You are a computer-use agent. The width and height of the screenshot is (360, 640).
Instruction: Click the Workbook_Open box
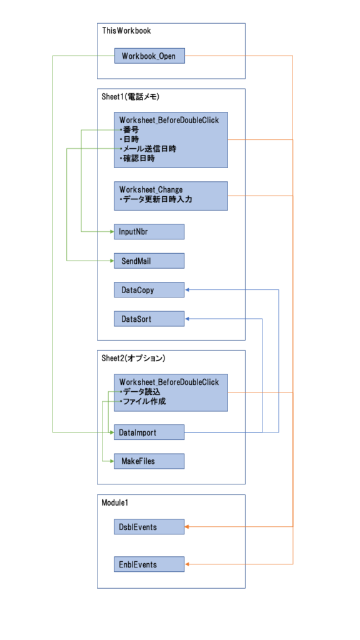pos(149,56)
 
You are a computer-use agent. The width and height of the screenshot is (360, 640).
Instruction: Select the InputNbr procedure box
pos(149,231)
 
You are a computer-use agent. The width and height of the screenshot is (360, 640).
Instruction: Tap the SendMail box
pos(149,261)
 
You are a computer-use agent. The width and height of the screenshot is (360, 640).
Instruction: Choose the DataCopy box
pos(149,290)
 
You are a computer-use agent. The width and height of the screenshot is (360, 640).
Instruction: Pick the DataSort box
pos(149,319)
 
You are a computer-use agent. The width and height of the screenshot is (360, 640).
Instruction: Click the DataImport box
pos(149,432)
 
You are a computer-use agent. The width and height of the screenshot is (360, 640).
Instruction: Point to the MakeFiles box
pos(149,461)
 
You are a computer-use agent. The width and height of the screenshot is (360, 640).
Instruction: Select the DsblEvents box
pos(149,526)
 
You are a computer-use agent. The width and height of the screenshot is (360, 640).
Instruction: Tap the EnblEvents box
pos(149,564)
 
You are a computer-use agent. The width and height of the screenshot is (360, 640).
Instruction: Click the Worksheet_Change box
pos(171,196)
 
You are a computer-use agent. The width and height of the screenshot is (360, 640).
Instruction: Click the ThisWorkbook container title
pos(126,31)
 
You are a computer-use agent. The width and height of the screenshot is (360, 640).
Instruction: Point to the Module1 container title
pos(115,503)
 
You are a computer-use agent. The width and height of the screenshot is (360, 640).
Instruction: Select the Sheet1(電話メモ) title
pos(130,97)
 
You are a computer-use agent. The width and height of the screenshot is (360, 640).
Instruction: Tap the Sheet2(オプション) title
pos(133,358)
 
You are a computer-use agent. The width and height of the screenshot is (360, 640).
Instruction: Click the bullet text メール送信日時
pos(150,149)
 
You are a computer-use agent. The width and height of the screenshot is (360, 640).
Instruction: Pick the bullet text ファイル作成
pos(144,401)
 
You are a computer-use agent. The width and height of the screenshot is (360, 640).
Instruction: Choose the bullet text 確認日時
pos(139,158)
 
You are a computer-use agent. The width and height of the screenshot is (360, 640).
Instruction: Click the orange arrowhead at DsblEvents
pos(187,527)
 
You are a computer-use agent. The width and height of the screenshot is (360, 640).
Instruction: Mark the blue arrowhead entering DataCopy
pos(187,290)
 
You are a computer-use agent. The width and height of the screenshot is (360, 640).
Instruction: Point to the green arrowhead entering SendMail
pos(111,261)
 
